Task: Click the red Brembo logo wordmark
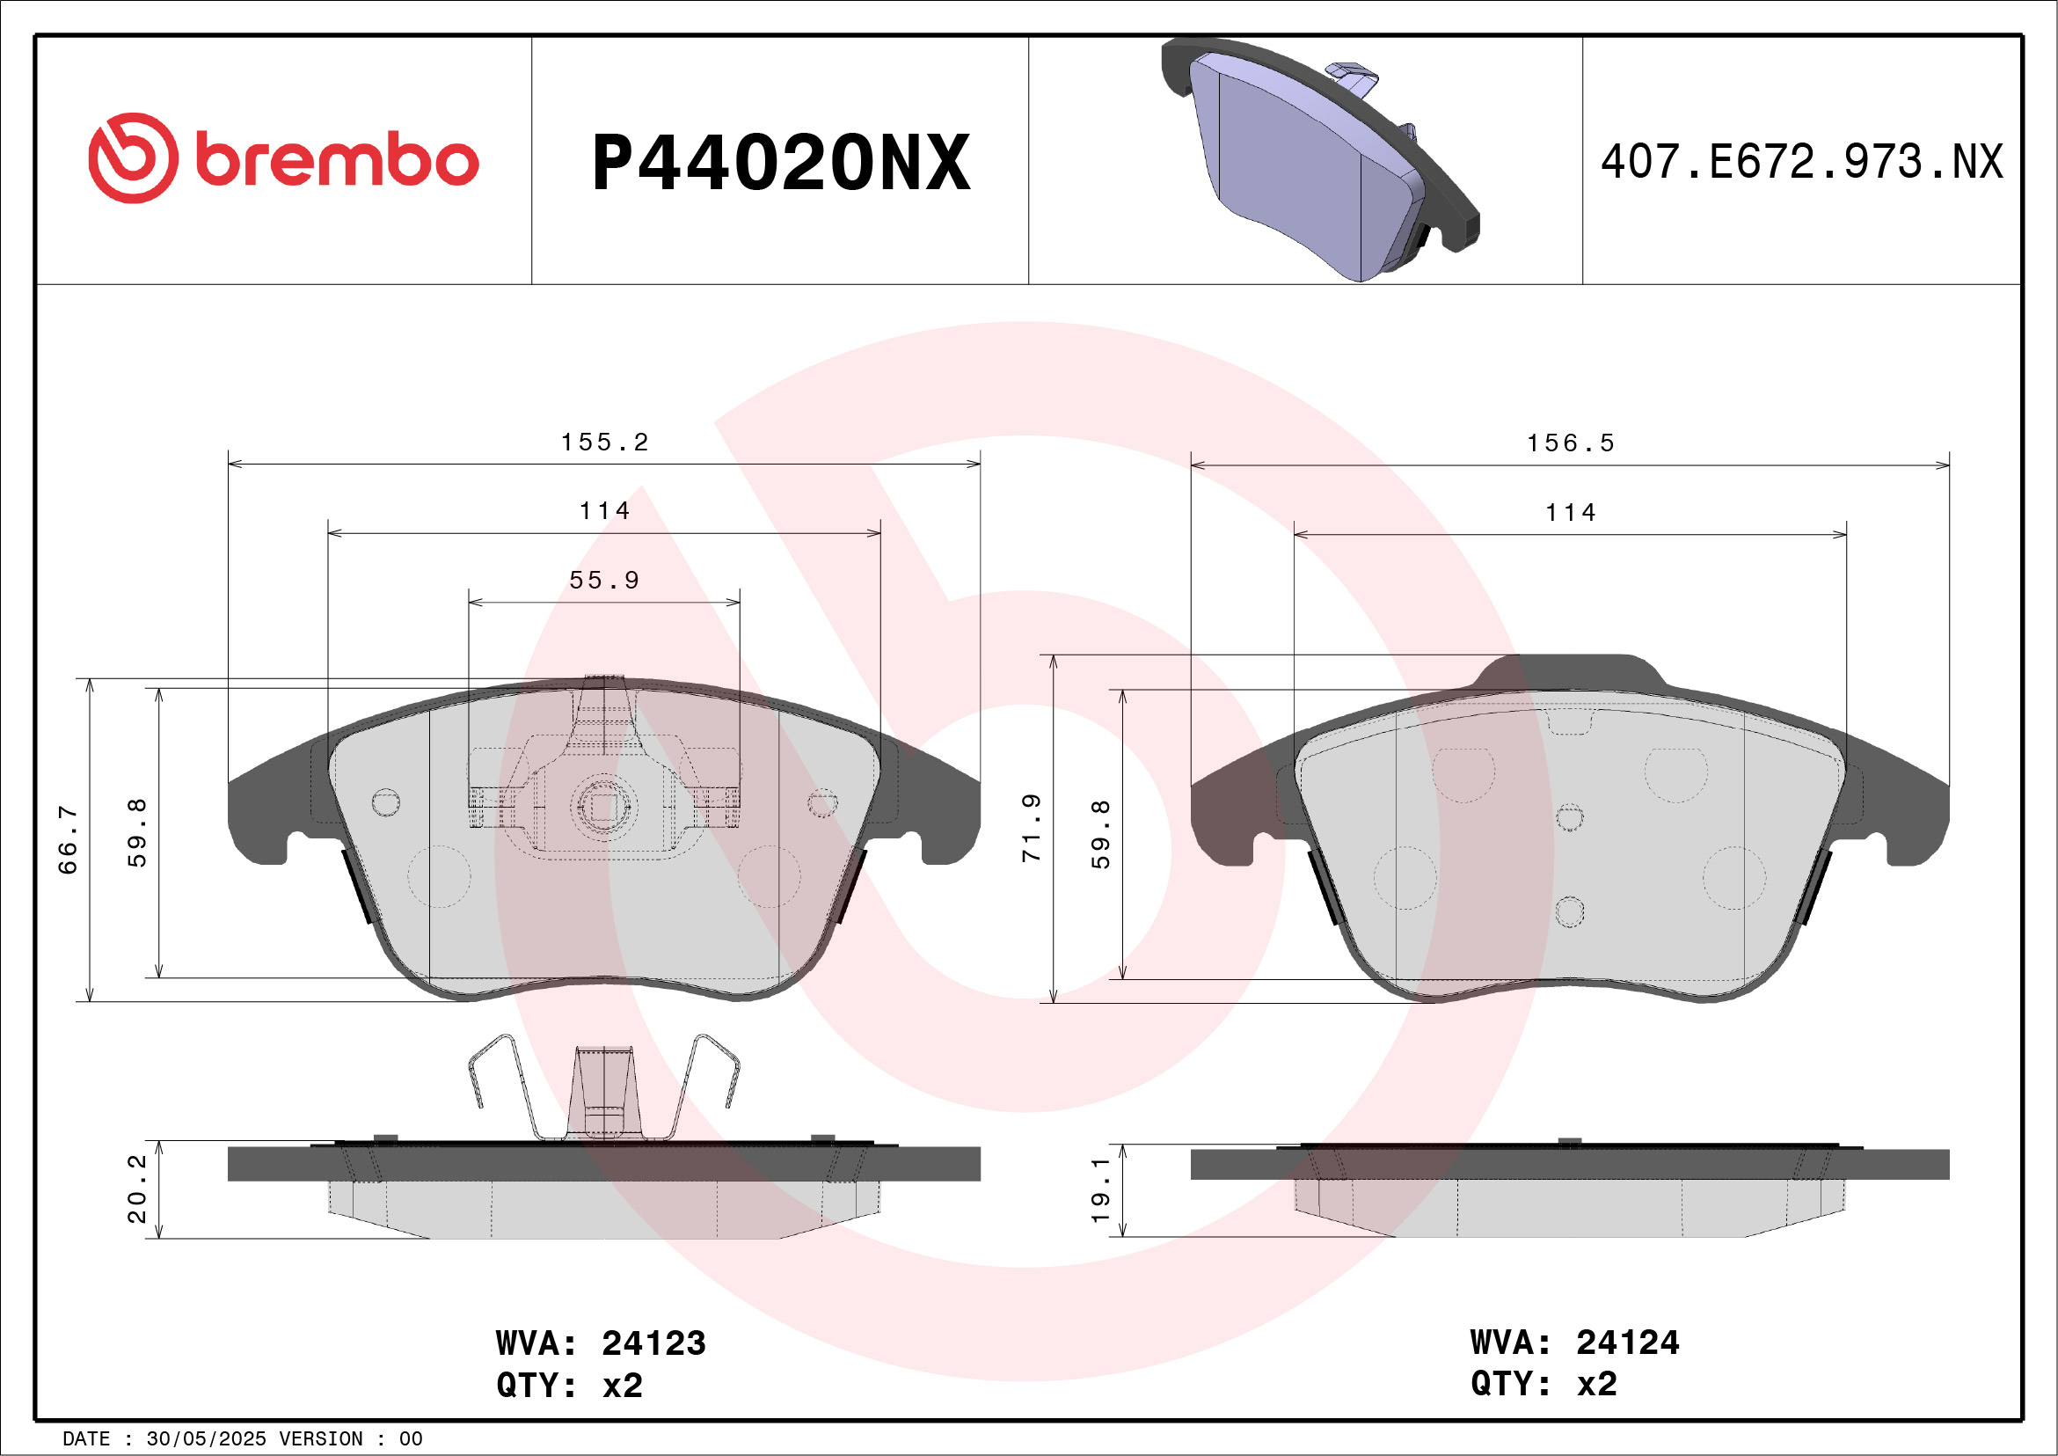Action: tap(283, 158)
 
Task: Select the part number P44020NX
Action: tap(781, 163)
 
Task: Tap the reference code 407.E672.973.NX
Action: tap(1802, 162)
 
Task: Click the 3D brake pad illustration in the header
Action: tap(1319, 159)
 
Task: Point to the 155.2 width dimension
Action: tap(604, 443)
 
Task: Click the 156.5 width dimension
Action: tap(1571, 443)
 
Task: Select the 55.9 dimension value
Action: tap(604, 581)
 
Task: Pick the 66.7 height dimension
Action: tap(68, 839)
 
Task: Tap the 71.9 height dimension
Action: tap(1032, 828)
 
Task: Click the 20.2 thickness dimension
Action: tap(137, 1189)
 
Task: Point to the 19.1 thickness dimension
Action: tap(1101, 1189)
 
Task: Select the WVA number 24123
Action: tap(653, 1344)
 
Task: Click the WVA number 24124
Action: tap(1628, 1343)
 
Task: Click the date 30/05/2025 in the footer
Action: tap(206, 1439)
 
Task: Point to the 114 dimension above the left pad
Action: tap(604, 512)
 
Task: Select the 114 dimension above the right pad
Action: tap(1571, 514)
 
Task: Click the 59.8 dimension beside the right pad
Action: tap(1101, 835)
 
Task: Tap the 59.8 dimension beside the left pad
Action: tap(137, 833)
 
